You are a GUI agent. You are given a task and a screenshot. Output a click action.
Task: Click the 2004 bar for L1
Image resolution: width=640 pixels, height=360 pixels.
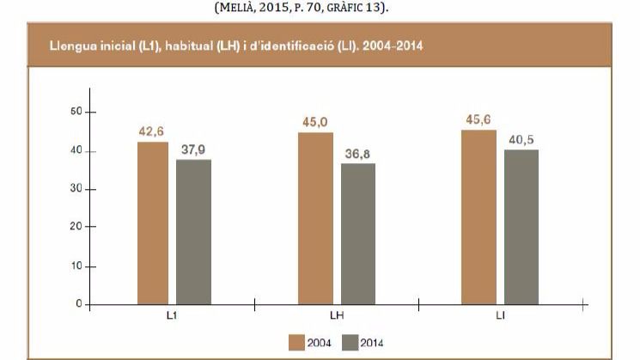click(x=152, y=223)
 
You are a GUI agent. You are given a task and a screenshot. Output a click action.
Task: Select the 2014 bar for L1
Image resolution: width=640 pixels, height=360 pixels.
click(x=194, y=231)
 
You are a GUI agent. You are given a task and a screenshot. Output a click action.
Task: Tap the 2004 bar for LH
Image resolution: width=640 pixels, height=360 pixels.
click(x=315, y=218)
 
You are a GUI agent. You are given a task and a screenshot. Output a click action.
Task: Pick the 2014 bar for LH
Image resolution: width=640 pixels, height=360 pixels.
click(x=357, y=233)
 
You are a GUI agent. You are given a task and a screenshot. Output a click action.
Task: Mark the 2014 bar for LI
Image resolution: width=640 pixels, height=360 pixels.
click(x=521, y=227)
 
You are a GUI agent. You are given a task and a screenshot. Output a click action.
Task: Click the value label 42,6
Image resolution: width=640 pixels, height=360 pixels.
click(x=151, y=131)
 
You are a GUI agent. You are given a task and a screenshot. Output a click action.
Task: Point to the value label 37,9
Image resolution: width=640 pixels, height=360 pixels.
click(x=194, y=149)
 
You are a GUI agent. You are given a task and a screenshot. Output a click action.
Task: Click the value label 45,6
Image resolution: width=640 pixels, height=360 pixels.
click(x=478, y=119)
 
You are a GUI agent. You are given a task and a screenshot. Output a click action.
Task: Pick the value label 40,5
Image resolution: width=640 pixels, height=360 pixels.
click(x=521, y=140)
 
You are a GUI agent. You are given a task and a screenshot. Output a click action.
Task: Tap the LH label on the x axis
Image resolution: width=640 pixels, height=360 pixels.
click(x=338, y=316)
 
